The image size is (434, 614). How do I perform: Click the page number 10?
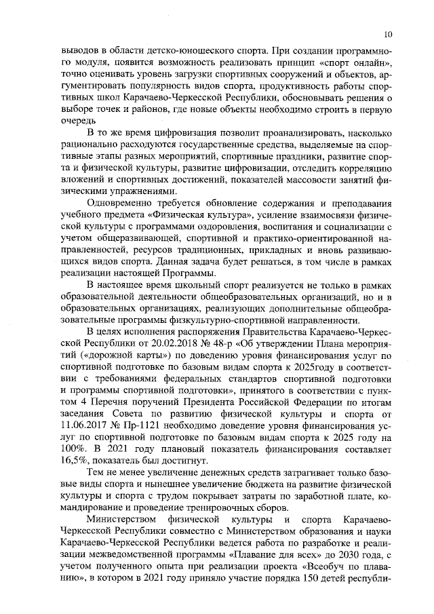(387, 33)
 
